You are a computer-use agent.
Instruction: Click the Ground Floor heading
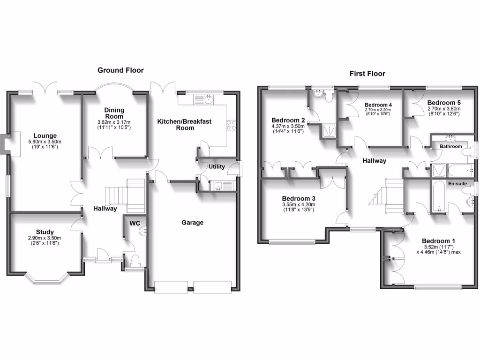pyautogui.click(x=120, y=70)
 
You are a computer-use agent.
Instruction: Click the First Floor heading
pyautogui.click(x=367, y=74)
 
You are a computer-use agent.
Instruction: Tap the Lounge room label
pyautogui.click(x=45, y=136)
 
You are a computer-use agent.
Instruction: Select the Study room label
pyautogui.click(x=45, y=232)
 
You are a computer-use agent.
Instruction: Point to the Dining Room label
pyautogui.click(x=114, y=113)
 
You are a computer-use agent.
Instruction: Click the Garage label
pyautogui.click(x=193, y=223)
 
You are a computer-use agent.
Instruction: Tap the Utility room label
pyautogui.click(x=217, y=167)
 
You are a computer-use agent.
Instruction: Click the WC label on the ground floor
pyautogui.click(x=135, y=223)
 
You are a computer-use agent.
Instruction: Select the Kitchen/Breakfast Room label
pyautogui.click(x=184, y=124)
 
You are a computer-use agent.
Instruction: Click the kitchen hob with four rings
pyautogui.click(x=231, y=125)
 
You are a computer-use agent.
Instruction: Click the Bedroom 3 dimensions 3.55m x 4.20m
pyautogui.click(x=299, y=204)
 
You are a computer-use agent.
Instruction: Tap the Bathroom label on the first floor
pyautogui.click(x=450, y=146)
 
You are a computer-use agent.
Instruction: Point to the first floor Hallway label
pyautogui.click(x=374, y=161)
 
